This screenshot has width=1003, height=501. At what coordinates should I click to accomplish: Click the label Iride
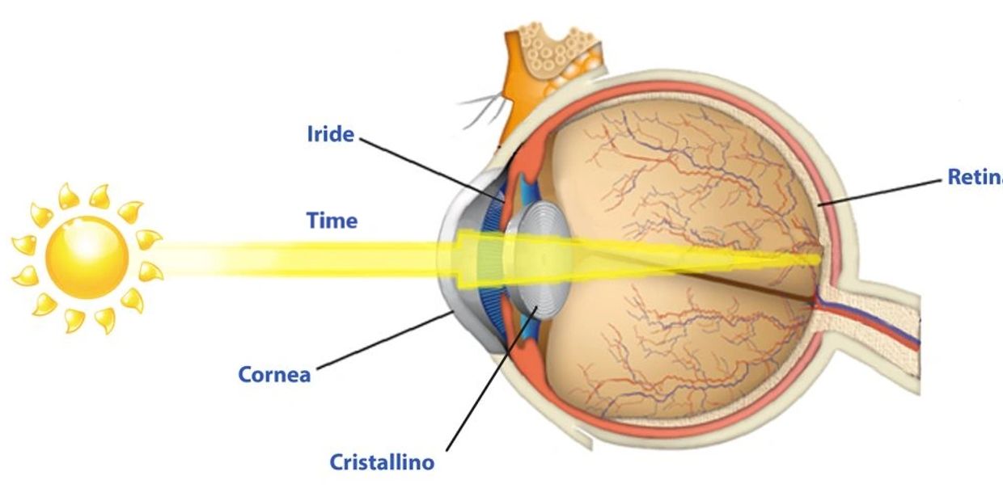tap(330, 133)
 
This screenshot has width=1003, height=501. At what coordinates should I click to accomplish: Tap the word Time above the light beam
tap(332, 220)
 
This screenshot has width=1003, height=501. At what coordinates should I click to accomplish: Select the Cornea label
tap(274, 374)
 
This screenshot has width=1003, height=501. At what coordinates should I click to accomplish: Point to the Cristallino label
tap(382, 462)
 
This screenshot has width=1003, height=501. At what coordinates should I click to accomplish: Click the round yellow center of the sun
tap(87, 256)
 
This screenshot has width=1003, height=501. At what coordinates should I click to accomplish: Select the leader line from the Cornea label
tap(380, 343)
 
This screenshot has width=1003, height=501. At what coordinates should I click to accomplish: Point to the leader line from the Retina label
tap(882, 192)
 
